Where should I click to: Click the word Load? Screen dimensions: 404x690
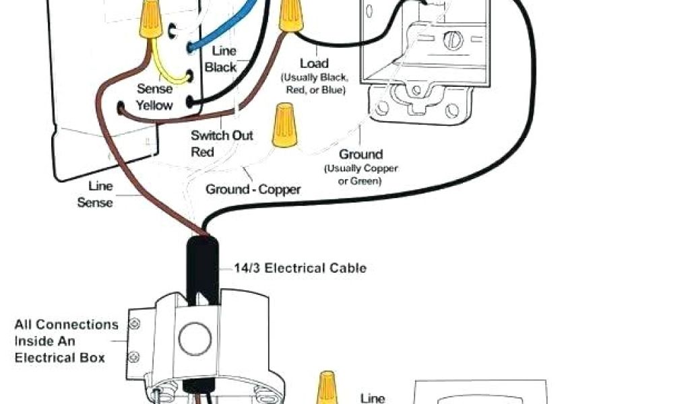coord(313,63)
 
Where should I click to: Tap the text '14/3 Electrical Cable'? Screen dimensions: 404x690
coord(300,268)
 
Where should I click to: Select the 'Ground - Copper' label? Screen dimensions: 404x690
coord(253,189)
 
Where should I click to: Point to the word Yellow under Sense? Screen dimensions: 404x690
coord(154,105)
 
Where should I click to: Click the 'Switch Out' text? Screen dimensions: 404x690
coord(222,135)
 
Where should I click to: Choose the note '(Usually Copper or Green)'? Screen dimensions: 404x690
coord(360,175)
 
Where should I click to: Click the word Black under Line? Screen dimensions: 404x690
coord(221,67)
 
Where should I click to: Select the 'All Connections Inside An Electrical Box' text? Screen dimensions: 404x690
coord(66,341)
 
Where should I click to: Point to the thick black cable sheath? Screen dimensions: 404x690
coord(202,266)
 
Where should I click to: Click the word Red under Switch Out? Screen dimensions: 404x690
coord(202,152)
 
